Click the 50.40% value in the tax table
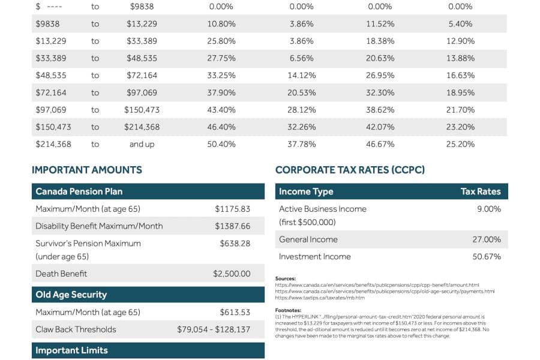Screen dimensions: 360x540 (x=222, y=144)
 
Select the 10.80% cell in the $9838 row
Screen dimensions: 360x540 (x=222, y=24)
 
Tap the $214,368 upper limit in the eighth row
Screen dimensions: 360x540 (x=142, y=127)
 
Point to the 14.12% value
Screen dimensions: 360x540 (x=301, y=76)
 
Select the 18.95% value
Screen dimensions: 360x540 (x=461, y=93)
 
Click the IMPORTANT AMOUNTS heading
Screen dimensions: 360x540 (x=87, y=170)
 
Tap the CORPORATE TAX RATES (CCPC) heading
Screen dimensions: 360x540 (x=350, y=170)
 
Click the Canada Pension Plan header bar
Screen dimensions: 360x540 (x=148, y=191)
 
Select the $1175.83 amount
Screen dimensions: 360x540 (x=232, y=209)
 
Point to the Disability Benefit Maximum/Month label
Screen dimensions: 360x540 (x=99, y=226)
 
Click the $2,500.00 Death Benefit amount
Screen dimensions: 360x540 (x=232, y=274)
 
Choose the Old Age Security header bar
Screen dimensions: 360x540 (x=148, y=295)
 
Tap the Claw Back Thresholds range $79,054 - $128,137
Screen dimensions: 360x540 (x=214, y=329)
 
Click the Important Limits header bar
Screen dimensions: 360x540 (x=148, y=350)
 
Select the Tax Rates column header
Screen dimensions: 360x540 (x=480, y=191)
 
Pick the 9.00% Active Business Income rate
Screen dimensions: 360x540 (x=489, y=209)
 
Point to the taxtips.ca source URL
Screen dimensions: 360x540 (x=320, y=298)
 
